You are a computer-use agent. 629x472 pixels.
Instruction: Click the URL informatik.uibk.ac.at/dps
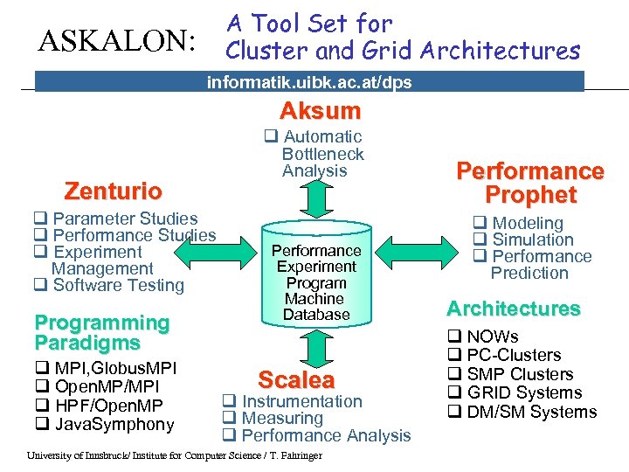pyautogui.click(x=308, y=82)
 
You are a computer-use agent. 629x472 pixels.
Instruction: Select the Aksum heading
pyautogui.click(x=320, y=111)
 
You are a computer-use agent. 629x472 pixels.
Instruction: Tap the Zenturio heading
pyautogui.click(x=114, y=191)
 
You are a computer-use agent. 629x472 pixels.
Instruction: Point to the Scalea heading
pyautogui.click(x=295, y=380)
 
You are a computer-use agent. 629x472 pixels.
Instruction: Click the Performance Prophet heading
pyautogui.click(x=531, y=183)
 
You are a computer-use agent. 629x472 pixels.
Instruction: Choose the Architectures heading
pyautogui.click(x=513, y=309)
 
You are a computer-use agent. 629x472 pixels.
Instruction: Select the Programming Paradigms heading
pyautogui.click(x=101, y=332)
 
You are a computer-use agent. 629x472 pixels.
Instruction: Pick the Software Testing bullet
pyautogui.click(x=118, y=285)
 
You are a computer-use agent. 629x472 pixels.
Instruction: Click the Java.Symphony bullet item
pyautogui.click(x=114, y=425)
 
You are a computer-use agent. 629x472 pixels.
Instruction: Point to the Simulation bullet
pyautogui.click(x=533, y=239)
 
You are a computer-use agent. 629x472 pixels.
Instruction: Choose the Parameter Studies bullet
pyautogui.click(x=125, y=219)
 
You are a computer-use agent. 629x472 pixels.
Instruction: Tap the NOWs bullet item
pyautogui.click(x=492, y=337)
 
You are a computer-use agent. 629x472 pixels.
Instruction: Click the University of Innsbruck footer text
pyautogui.click(x=175, y=455)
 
